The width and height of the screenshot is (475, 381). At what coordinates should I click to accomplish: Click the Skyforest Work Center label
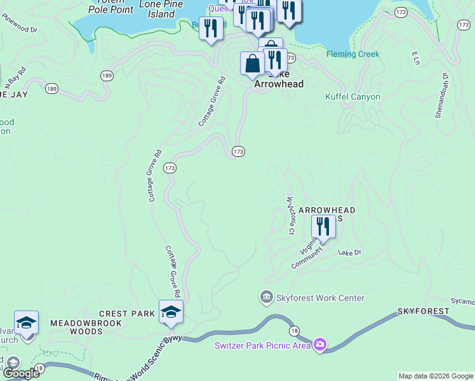pyautogui.click(x=320, y=298)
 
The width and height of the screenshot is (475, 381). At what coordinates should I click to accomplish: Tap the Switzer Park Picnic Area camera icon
pyautogui.click(x=320, y=345)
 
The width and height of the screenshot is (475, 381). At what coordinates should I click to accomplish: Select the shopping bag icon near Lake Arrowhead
pyautogui.click(x=253, y=64)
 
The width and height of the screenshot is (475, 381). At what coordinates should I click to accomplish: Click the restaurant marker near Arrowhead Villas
pyautogui.click(x=323, y=227)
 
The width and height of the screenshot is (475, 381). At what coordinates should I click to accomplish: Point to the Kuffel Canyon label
pyautogui.click(x=352, y=97)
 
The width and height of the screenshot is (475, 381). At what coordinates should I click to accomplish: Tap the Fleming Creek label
pyautogui.click(x=353, y=55)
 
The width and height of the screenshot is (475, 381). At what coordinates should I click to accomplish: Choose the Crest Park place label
pyautogui.click(x=127, y=314)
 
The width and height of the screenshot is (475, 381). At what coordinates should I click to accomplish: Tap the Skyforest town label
pyautogui.click(x=423, y=311)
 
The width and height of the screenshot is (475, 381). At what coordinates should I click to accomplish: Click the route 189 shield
pyautogui.click(x=107, y=76)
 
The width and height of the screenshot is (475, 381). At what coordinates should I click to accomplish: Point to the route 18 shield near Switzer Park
pyautogui.click(x=294, y=330)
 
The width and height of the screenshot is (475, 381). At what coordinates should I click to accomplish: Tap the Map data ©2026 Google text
pyautogui.click(x=435, y=376)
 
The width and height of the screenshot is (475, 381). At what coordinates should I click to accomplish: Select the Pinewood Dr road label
pyautogui.click(x=20, y=29)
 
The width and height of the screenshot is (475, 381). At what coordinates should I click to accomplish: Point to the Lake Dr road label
pyautogui.click(x=349, y=253)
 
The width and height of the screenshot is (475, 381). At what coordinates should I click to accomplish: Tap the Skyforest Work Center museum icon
pyautogui.click(x=266, y=297)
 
